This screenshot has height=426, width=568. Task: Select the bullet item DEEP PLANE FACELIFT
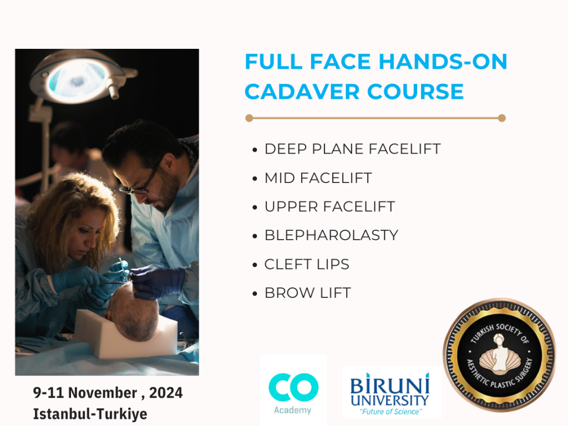352,149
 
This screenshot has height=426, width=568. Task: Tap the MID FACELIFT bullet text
318,178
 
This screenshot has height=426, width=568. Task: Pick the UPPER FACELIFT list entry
329,206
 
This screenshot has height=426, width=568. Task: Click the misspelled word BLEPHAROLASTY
332,235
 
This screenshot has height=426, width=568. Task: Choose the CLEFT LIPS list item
307,264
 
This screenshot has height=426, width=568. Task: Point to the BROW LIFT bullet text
308,293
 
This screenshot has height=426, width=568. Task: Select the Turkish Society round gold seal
499,355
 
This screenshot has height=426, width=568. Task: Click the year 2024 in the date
166,393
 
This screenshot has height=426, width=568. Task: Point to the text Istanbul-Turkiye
90,414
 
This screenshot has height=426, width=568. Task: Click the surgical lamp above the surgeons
80,77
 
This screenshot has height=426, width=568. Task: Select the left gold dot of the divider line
249,118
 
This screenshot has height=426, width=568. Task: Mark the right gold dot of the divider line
501,118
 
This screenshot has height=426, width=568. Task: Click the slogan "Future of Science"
391,412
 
